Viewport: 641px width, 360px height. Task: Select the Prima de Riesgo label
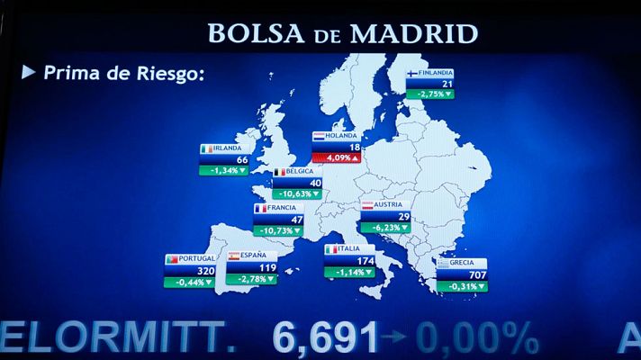coord(122,72)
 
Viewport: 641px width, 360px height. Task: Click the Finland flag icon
coord(411,74)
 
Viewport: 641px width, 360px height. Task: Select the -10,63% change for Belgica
coord(297,193)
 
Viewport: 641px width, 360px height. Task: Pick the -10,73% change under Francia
coord(278,230)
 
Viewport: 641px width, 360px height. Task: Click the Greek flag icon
coord(444,263)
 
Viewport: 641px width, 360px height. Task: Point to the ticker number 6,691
coord(326,337)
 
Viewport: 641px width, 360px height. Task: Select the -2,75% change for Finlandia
coord(429,94)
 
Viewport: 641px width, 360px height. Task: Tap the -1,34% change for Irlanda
coord(223,170)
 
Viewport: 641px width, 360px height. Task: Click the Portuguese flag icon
coord(170,259)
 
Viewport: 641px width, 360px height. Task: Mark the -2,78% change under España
coord(252,279)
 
